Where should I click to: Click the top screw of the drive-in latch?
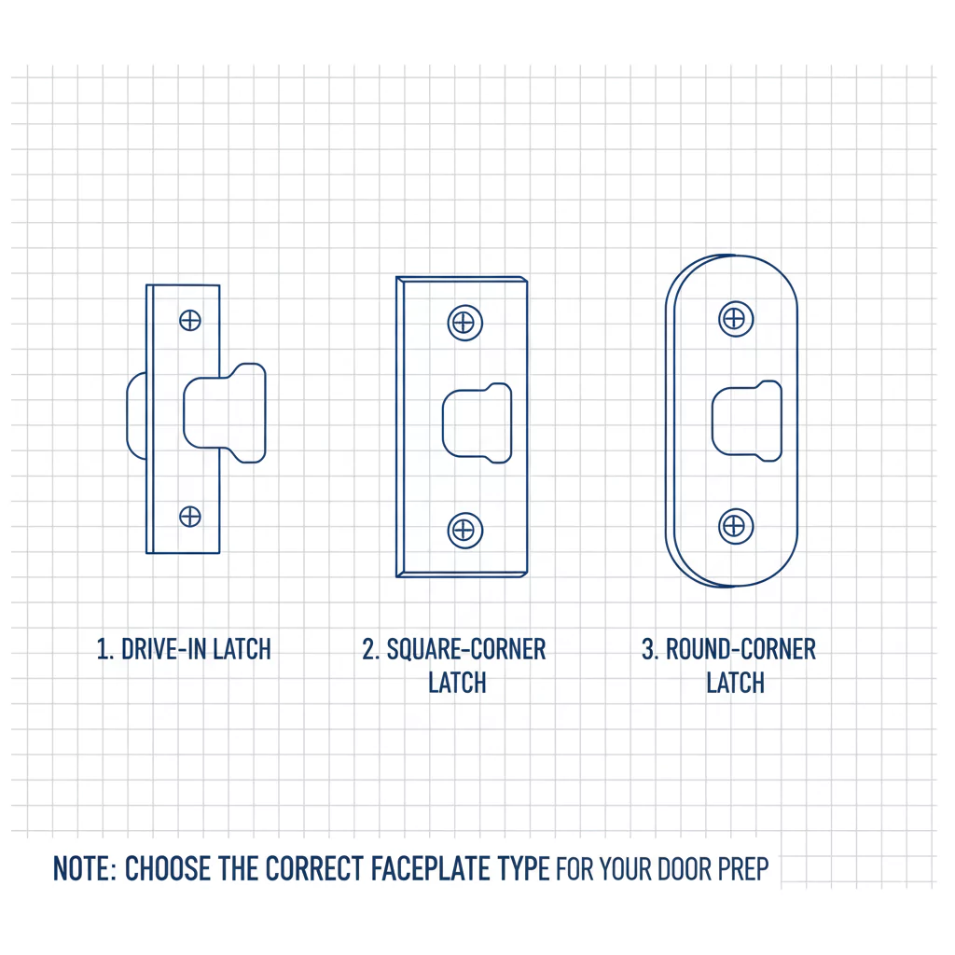click(190, 321)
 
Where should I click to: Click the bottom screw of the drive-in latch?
click(190, 517)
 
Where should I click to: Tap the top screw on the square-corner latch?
click(464, 323)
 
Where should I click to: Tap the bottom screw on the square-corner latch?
click(464, 531)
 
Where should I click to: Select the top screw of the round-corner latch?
click(736, 319)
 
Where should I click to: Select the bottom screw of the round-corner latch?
click(736, 526)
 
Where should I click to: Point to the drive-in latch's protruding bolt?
click(225, 413)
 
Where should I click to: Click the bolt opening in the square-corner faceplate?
click(477, 423)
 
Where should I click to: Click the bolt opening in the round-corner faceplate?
click(747, 421)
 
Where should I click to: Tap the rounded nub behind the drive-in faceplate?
click(136, 416)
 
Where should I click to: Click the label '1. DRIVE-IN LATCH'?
click(184, 649)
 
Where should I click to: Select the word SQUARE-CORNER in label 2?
click(466, 649)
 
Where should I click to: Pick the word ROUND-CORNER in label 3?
click(740, 649)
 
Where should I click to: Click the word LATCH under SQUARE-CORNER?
click(457, 683)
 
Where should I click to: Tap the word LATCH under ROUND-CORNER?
click(735, 683)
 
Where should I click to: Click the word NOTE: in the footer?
click(85, 868)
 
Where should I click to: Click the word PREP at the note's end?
click(743, 869)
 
